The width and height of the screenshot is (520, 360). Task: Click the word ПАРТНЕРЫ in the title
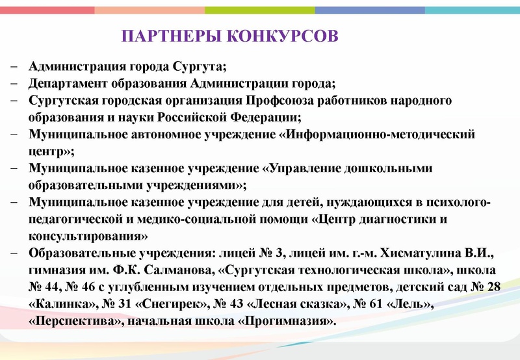click(170, 35)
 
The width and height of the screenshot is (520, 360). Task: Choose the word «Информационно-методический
click(373, 135)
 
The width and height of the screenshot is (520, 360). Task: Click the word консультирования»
click(89, 236)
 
